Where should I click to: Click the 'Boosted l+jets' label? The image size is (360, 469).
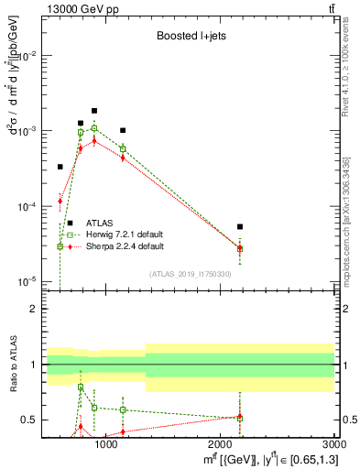[x=189, y=38]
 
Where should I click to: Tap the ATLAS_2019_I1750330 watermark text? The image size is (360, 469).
[x=189, y=273]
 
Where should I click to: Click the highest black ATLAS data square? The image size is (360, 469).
[x=93, y=111]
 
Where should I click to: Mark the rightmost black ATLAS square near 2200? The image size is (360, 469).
[x=240, y=226]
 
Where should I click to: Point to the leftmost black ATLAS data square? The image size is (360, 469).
[x=60, y=167]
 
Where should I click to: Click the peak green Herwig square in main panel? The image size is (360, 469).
[x=93, y=129]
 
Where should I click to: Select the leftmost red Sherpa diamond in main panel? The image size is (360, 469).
[x=60, y=201]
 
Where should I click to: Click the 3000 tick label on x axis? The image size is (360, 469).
[x=335, y=445]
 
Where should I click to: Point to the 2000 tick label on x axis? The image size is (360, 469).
[x=221, y=445]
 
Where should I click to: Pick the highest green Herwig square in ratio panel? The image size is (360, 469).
[x=81, y=387]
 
